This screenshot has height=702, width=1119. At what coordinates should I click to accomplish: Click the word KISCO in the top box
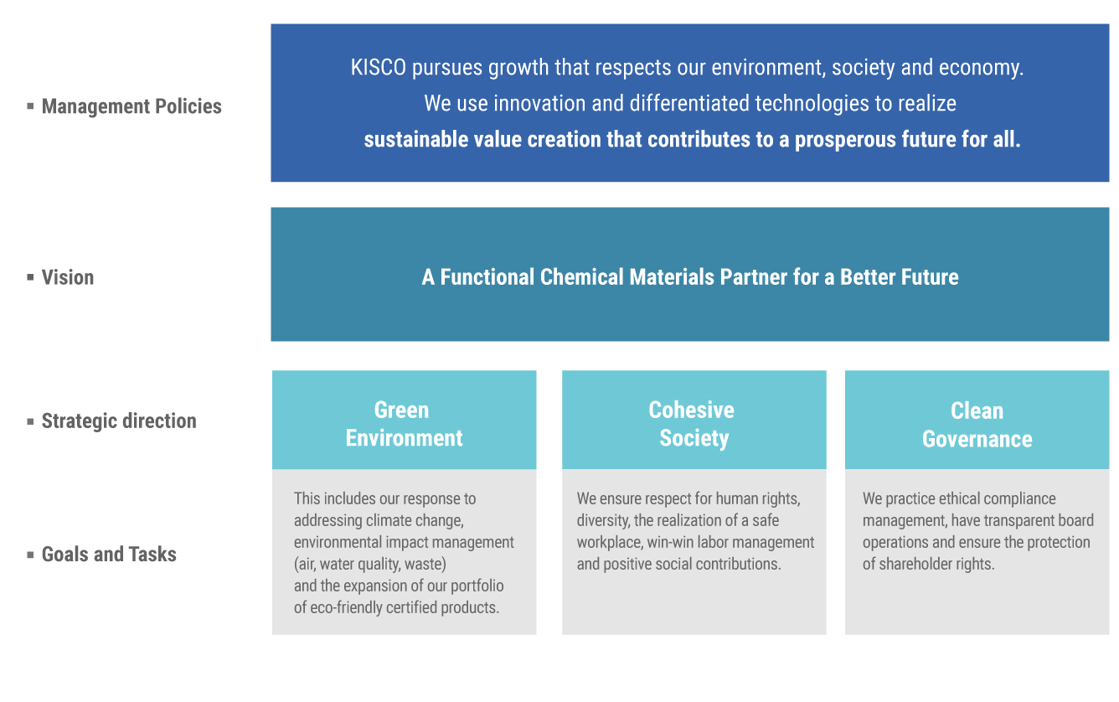point(378,68)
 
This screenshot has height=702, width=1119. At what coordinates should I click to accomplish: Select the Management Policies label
point(131,106)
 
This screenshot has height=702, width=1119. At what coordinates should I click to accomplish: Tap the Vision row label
point(68,277)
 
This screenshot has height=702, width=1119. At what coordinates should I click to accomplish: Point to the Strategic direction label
point(119,421)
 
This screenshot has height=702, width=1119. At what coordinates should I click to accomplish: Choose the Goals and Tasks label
point(109,554)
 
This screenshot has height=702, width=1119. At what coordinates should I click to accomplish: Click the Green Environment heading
point(404,424)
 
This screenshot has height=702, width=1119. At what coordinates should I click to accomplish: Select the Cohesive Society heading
point(692,424)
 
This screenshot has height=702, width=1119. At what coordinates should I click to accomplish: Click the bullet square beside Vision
point(30,276)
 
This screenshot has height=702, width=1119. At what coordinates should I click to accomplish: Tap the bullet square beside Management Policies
point(30,106)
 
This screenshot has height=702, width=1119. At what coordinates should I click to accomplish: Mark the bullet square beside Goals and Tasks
point(30,554)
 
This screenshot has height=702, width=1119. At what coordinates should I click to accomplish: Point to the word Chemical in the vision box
point(581,277)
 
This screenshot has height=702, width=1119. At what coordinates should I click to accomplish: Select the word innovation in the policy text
point(534,103)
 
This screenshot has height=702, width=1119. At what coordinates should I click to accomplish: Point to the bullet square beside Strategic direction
point(30,421)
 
